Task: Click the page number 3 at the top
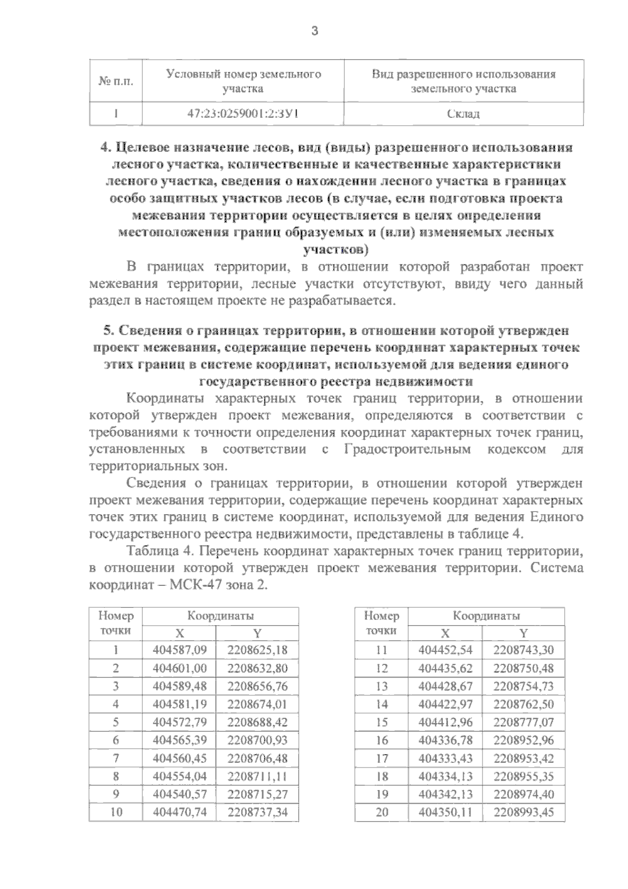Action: [314, 31]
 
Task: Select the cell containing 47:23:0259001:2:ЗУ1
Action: [243, 114]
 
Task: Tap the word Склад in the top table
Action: [463, 114]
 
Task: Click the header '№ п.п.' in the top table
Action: [116, 81]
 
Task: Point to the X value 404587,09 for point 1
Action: [180, 650]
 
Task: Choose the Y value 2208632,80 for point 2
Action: [257, 668]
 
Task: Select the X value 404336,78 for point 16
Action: [445, 740]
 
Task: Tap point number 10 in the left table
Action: [116, 812]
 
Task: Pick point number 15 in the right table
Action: [382, 722]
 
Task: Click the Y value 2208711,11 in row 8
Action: [257, 776]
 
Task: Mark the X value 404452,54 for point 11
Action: [445, 650]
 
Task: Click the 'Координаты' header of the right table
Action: [486, 616]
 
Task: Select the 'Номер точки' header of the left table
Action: [116, 623]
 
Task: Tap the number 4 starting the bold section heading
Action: [103, 148]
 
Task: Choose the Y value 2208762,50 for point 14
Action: [523, 704]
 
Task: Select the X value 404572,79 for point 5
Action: [180, 722]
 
